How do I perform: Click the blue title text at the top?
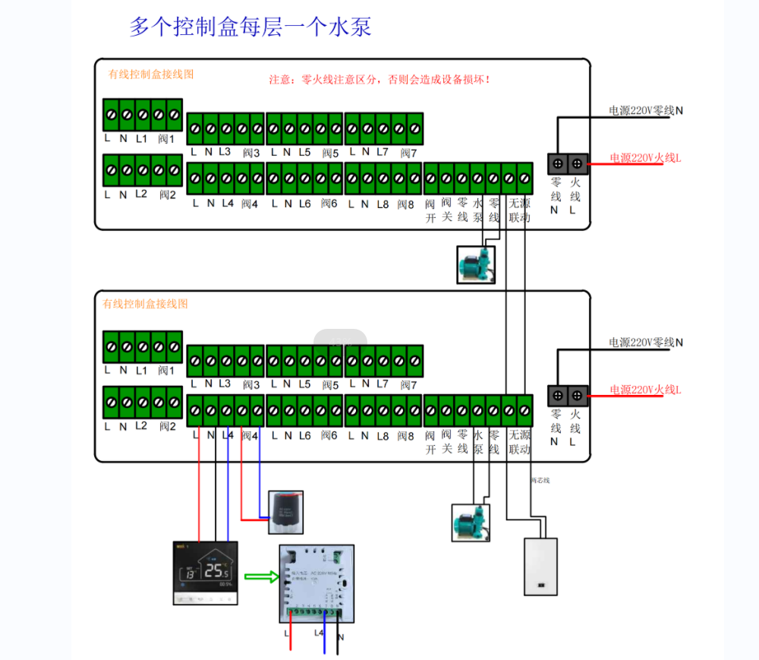point(250,27)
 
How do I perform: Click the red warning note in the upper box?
point(379,79)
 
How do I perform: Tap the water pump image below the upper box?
point(476,264)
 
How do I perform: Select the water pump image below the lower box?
point(471,523)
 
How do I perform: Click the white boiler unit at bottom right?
point(540,567)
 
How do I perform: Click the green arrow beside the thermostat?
point(257,578)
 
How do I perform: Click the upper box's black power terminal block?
point(568,163)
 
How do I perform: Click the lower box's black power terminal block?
point(568,395)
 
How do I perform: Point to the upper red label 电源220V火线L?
point(646,159)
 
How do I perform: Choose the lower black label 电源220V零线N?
point(646,343)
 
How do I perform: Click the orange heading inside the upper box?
point(151,74)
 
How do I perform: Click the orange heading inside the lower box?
point(145,304)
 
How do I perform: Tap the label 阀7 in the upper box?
point(408,153)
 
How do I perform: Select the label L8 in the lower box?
point(383,436)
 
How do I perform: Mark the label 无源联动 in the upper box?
point(519,210)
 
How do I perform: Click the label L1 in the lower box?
point(141,371)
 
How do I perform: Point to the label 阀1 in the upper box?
point(166,139)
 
